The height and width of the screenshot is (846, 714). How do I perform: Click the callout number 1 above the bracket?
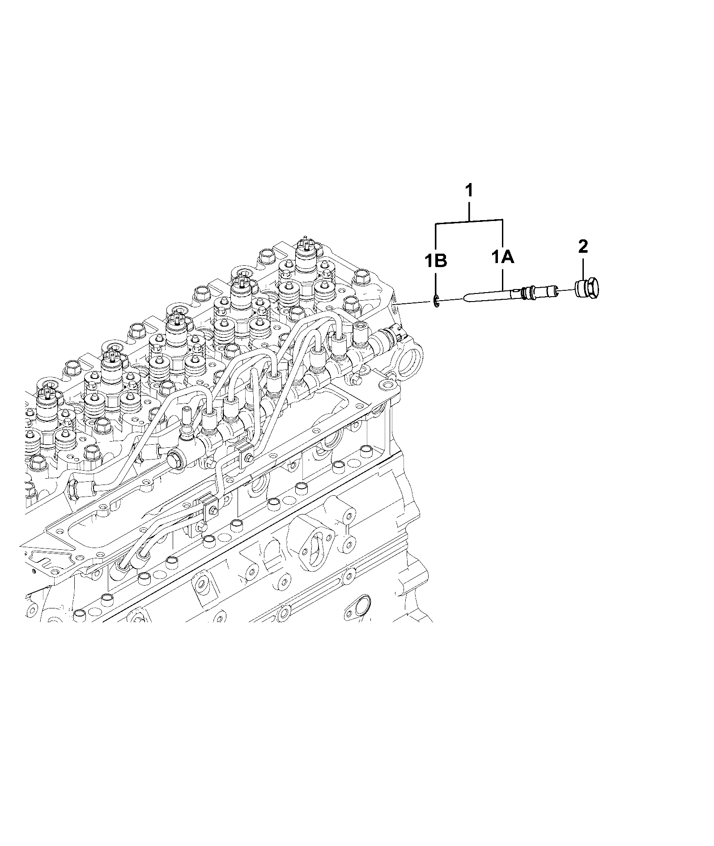click(469, 191)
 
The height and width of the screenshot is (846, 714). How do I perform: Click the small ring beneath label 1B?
click(436, 303)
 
